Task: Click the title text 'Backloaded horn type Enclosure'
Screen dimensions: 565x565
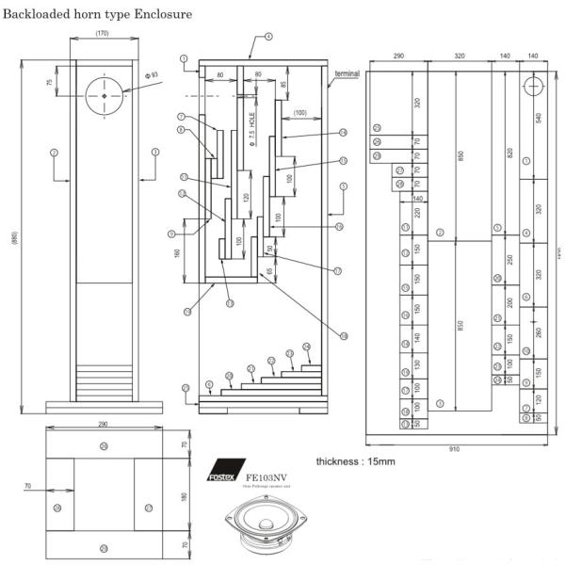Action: click(x=98, y=14)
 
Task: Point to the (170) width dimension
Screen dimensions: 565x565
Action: click(x=102, y=34)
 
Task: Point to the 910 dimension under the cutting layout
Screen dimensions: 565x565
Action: click(x=454, y=448)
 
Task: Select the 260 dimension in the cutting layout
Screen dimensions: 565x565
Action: click(x=539, y=331)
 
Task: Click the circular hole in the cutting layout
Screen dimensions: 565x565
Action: click(x=532, y=83)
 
